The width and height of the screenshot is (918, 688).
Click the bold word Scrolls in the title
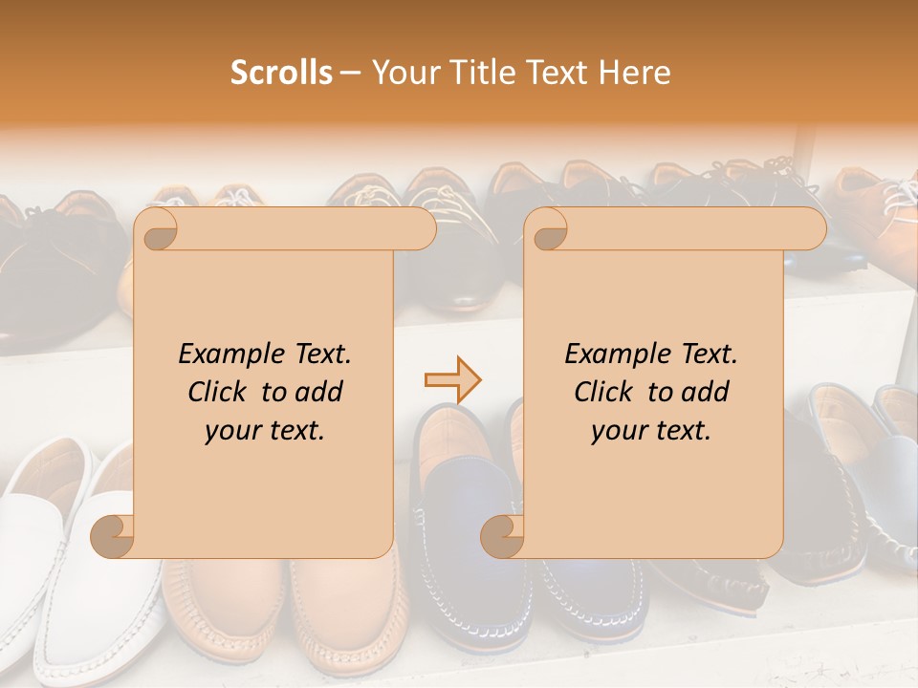[x=282, y=73]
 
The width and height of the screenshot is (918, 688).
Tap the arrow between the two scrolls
[x=453, y=380]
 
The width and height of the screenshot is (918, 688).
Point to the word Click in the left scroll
[x=219, y=392]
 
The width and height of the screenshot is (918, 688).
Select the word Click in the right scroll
[x=605, y=392]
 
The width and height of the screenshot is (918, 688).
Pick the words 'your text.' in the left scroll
[x=265, y=430]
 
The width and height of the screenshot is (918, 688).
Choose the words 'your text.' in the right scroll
[x=651, y=430]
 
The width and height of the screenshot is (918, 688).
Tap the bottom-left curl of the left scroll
[x=113, y=536]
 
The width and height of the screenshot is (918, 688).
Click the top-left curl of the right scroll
[x=546, y=229]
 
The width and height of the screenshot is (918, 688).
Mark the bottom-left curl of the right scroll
[x=502, y=536]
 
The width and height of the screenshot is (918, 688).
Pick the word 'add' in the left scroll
[x=319, y=392]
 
